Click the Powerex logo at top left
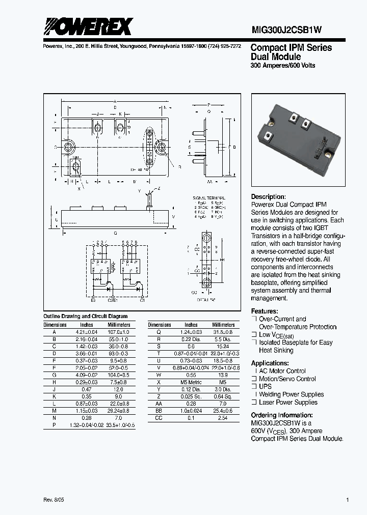coord(88,26)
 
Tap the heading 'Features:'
coord(265,311)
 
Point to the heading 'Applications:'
coord(270,363)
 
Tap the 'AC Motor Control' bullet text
coord(282,371)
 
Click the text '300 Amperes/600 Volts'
coord(282,66)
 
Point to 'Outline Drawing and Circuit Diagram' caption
coord(85,316)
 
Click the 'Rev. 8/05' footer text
coord(54,500)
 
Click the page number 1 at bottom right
coord(347,500)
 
